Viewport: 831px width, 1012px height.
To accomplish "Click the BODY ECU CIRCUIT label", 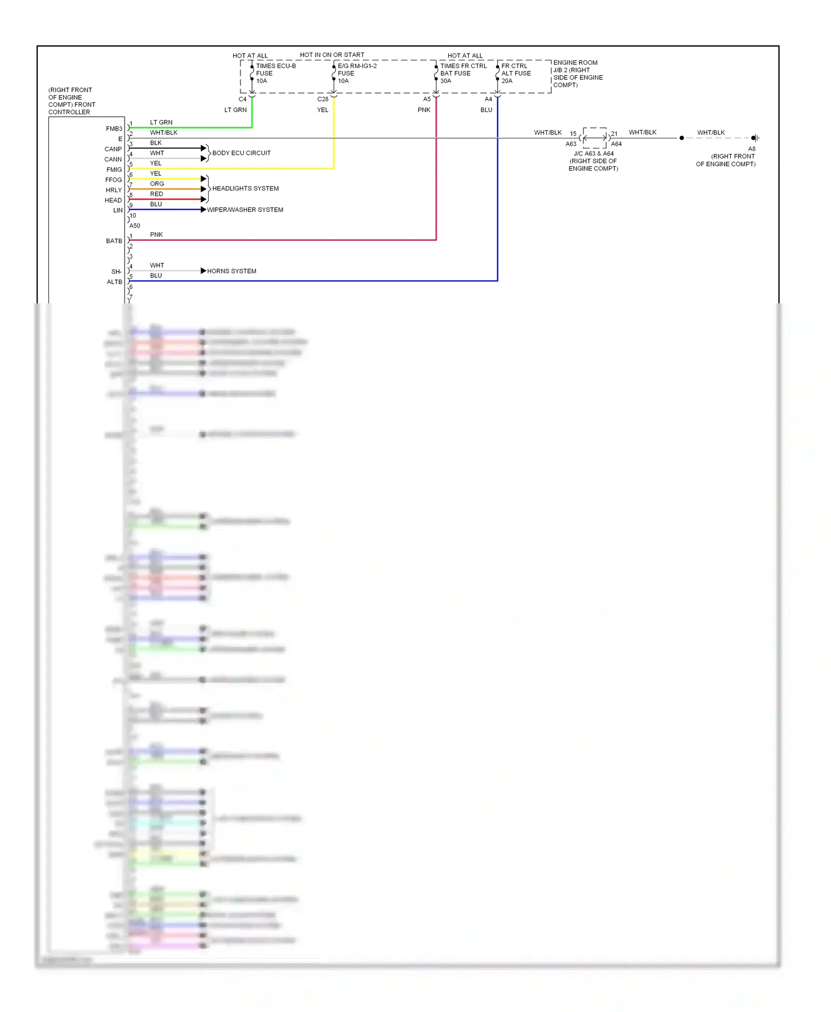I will pos(242,153).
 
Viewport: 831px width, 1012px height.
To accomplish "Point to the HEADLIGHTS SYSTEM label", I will pos(245,189).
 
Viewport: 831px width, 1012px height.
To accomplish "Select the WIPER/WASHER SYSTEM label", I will pos(245,210).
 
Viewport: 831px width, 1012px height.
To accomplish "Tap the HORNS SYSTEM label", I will pos(232,271).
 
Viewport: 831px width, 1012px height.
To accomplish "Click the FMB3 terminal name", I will pos(114,129).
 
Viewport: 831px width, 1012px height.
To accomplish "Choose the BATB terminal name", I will pos(114,241).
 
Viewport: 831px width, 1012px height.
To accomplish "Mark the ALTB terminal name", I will pos(115,282).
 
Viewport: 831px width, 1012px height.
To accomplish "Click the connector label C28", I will pos(322,100).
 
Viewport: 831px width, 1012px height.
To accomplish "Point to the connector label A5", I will pos(427,100).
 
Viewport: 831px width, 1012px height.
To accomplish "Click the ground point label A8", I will pos(752,149).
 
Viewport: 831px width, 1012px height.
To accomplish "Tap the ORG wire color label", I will pos(157,184).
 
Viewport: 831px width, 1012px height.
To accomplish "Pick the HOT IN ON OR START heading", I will pos(332,55).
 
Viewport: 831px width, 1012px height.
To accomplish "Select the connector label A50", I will pos(135,226).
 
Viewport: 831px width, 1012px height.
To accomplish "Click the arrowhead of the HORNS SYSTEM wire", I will pos(203,271).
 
